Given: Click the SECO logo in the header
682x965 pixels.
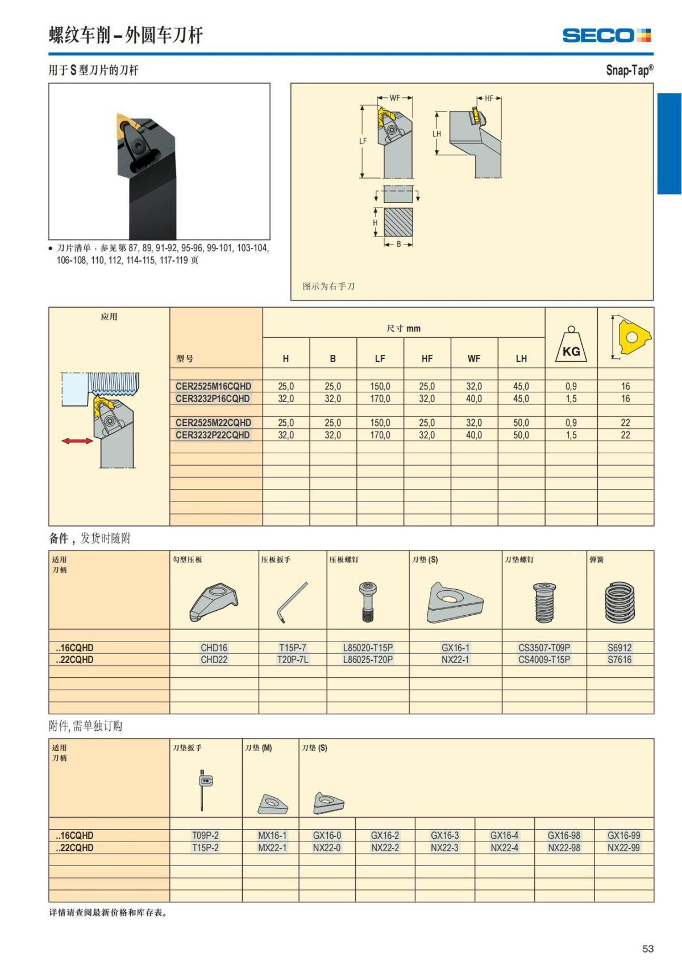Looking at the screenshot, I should tap(606, 36).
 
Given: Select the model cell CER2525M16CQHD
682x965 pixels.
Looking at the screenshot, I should tap(213, 386).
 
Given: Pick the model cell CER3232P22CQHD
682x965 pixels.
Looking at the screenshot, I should tap(213, 435).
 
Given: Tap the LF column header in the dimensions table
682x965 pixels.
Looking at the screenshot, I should tap(380, 358).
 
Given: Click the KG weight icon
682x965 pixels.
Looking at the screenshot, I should tap(571, 345).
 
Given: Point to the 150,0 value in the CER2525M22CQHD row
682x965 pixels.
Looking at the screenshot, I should tap(380, 423).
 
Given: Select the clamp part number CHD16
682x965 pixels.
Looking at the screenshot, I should tap(214, 648).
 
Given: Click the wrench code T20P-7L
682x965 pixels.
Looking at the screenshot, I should tap(293, 660).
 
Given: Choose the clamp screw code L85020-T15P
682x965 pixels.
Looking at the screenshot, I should tap(368, 648).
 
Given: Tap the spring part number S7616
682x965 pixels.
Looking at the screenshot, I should tap(619, 660).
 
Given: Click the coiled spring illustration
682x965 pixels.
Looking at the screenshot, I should tap(619, 602).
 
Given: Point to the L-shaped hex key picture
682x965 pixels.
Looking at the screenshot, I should tap(292, 602).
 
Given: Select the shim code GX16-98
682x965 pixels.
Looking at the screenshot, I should tap(564, 835).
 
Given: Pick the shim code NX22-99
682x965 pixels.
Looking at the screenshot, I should tap(623, 848).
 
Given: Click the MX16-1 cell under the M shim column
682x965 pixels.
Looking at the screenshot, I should tap(272, 835).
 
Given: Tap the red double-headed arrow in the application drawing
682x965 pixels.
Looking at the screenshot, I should tap(77, 441).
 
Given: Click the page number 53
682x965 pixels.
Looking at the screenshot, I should tap(648, 949).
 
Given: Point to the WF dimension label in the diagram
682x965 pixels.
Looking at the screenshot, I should tap(394, 98).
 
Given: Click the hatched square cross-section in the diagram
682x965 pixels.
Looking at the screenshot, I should tap(398, 222).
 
